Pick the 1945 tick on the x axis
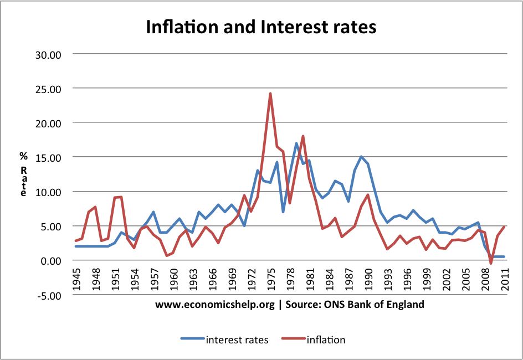coord(76,278)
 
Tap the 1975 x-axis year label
coord(270,278)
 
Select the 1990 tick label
coord(367,278)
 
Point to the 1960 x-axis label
coord(173,278)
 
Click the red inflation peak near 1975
coord(270,94)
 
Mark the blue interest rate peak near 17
coord(296,143)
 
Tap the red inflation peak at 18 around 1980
coord(303,136)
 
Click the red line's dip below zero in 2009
coord(490,263)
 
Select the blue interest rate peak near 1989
coord(361,157)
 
